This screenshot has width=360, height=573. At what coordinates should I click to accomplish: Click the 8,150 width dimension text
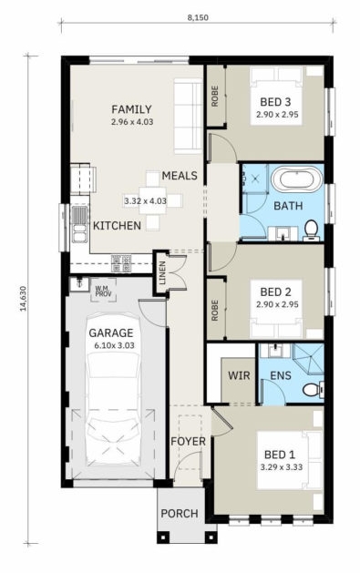click(198, 17)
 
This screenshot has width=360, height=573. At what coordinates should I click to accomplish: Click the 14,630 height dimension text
click(24, 298)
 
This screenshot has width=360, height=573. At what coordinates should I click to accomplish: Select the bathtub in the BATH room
click(297, 179)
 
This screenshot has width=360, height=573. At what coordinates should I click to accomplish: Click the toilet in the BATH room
click(312, 231)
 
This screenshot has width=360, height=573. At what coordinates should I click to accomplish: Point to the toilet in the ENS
click(314, 389)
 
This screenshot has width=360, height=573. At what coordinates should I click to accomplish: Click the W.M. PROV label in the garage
click(103, 291)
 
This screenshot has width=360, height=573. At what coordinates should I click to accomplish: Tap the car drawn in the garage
click(113, 390)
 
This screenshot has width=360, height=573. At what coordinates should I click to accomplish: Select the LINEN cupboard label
click(162, 273)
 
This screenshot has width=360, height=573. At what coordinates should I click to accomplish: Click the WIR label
click(239, 375)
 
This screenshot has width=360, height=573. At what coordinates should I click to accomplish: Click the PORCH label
click(180, 514)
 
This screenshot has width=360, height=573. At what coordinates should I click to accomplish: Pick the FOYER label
click(189, 442)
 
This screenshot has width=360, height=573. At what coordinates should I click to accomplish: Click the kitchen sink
click(79, 224)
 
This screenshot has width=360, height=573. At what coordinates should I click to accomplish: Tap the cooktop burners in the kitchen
click(121, 263)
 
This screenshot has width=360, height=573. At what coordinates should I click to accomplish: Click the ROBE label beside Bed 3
click(215, 97)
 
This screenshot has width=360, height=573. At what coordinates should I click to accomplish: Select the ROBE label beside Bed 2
click(215, 311)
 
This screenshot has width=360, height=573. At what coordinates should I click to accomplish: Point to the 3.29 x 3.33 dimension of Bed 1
click(282, 466)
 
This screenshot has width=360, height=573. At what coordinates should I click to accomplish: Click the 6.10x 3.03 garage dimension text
click(115, 345)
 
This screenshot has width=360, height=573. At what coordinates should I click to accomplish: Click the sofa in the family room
click(188, 116)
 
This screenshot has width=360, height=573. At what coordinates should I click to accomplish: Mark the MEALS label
click(180, 176)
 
